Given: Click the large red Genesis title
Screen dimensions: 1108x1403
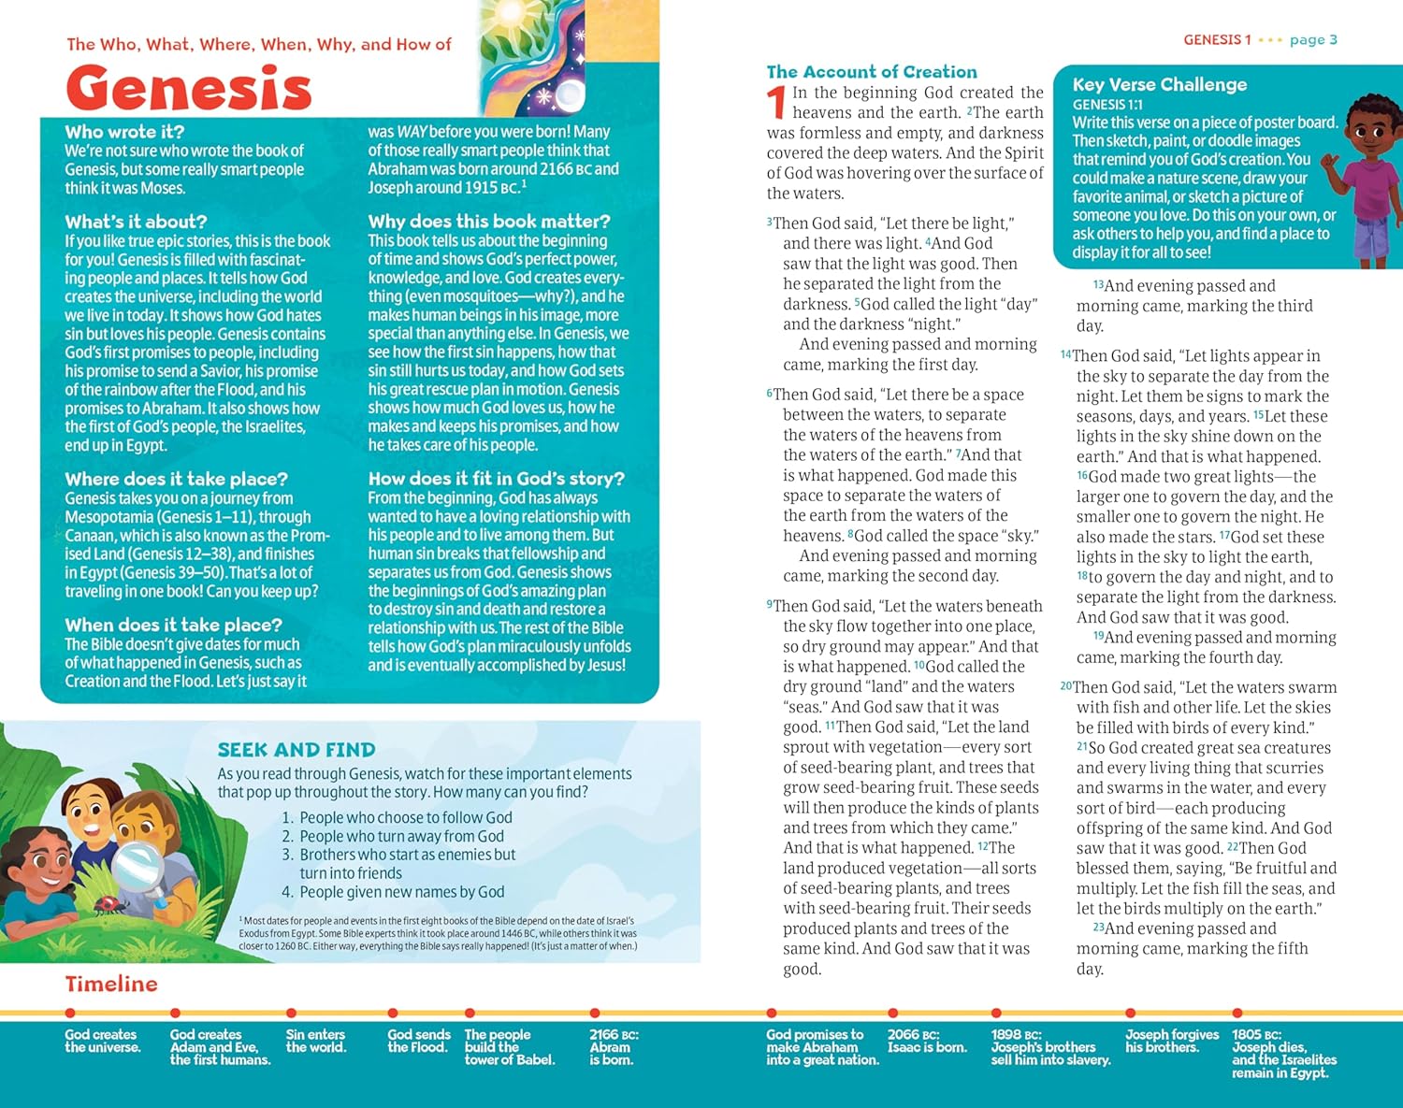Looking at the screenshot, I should (188, 90).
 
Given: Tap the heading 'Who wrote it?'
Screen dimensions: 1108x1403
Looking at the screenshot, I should (124, 132).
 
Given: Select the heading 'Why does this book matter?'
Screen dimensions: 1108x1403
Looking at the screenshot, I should (488, 222).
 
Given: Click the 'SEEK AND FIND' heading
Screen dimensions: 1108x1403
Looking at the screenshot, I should (297, 750).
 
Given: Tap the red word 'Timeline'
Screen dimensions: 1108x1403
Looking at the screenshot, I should (111, 984).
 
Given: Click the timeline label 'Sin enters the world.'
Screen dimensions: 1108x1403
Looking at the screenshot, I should (315, 1041).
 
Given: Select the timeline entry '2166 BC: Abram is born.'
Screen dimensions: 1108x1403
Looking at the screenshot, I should (614, 1047).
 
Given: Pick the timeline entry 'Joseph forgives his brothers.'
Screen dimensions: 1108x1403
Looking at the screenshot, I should (1171, 1041).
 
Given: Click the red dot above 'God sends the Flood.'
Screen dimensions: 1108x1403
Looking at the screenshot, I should (393, 1013).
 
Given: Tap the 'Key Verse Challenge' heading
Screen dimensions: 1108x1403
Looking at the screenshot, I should (1159, 84).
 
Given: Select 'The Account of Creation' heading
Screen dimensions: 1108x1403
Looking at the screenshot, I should (871, 72).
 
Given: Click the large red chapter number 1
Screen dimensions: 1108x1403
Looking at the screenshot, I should (775, 103).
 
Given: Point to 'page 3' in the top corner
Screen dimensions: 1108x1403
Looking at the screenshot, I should (1313, 39).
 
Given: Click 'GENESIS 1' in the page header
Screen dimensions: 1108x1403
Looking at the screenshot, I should (1217, 39).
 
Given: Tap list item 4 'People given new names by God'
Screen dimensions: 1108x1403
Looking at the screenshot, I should (400, 892).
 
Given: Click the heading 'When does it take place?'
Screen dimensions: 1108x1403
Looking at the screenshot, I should (173, 625).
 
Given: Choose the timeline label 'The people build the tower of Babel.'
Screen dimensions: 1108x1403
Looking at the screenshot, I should (509, 1047).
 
